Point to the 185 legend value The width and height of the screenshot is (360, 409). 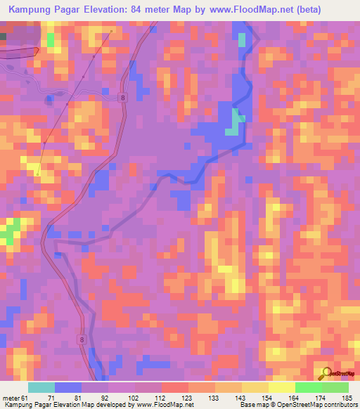pos(347,397)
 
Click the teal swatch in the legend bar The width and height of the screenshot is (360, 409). pos(41,387)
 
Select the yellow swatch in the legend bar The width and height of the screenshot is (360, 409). pos(281,387)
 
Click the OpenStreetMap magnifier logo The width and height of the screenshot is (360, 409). pos(326,372)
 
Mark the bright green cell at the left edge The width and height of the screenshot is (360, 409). pos(10,231)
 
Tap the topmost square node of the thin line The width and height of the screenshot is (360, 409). pos(111,32)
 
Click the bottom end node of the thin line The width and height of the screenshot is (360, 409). pos(38,171)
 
